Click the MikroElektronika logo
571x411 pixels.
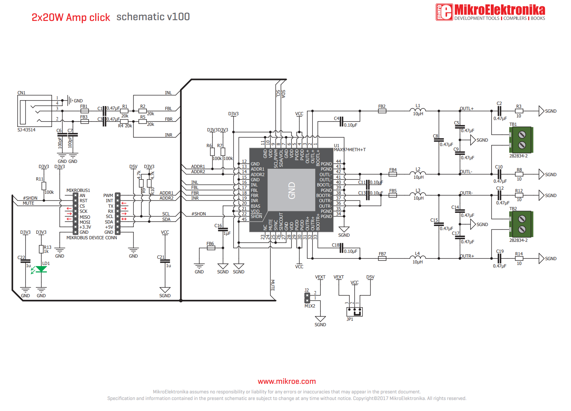tap(490, 12)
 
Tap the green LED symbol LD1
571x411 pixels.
tap(41, 269)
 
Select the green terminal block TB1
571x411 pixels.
tap(521, 140)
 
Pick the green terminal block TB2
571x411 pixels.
tap(521, 224)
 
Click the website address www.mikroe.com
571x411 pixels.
tap(286, 382)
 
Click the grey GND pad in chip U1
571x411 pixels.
tap(292, 190)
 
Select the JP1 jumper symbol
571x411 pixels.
tap(354, 312)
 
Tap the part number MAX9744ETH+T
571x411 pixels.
tap(350, 150)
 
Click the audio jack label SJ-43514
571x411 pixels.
tap(26, 130)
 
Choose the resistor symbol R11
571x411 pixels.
tap(44, 186)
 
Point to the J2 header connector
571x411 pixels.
tap(307, 298)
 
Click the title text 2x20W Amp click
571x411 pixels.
tap(71, 17)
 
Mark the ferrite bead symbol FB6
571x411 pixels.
tap(211, 248)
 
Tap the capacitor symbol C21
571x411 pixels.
tap(165, 261)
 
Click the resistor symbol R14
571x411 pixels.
tap(519, 259)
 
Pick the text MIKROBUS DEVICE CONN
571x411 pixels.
tap(92, 238)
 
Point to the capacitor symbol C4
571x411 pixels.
tap(341, 121)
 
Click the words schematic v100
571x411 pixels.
tap(153, 17)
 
